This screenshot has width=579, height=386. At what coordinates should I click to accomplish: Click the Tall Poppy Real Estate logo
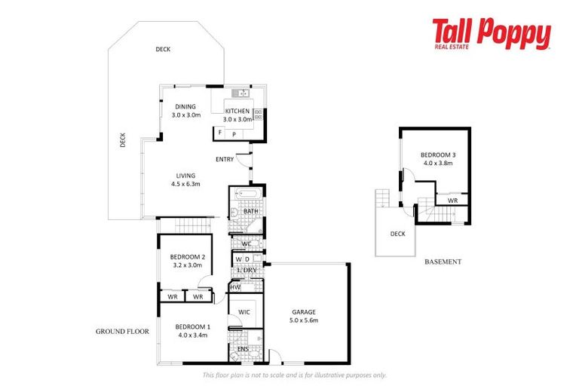pos(491,35)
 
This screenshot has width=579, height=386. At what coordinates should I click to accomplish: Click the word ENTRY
pos(224,159)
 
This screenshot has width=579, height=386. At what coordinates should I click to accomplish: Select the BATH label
pos(251,212)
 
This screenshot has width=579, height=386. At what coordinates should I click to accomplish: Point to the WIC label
pos(244,312)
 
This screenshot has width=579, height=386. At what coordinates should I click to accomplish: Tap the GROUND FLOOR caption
pos(122,331)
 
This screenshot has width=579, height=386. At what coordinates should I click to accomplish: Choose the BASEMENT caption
pos(442,262)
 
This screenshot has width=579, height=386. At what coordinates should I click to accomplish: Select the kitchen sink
pos(240,93)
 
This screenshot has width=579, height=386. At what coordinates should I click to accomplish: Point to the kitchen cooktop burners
pos(258,115)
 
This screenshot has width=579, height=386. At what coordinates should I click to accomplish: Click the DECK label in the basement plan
pos(397,234)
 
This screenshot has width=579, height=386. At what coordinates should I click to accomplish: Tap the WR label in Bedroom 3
pos(452,201)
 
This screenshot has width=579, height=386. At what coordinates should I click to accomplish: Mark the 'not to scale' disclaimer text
pos(294,375)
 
